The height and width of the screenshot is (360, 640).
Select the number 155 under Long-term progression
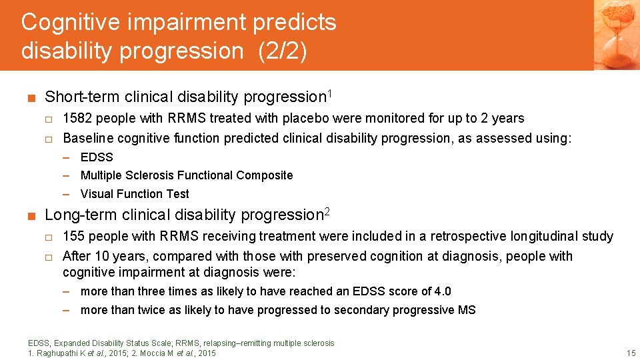coord(73,237)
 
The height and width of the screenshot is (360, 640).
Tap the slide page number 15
coord(631,353)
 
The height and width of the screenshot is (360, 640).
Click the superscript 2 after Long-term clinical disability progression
coord(327,211)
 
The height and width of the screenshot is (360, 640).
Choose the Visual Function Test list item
coord(135,194)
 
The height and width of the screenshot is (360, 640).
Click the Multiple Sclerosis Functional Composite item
coord(187,175)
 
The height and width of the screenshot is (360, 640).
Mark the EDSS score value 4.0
coord(442,291)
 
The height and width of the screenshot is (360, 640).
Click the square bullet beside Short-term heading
coord(31,97)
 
